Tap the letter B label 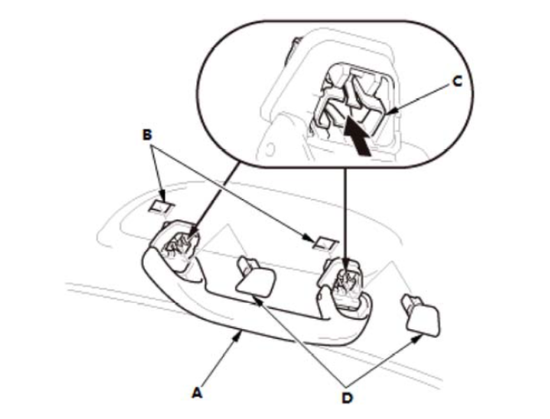point(148,134)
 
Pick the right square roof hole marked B point(322,242)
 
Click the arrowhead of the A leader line point(239,336)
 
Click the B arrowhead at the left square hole point(163,199)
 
